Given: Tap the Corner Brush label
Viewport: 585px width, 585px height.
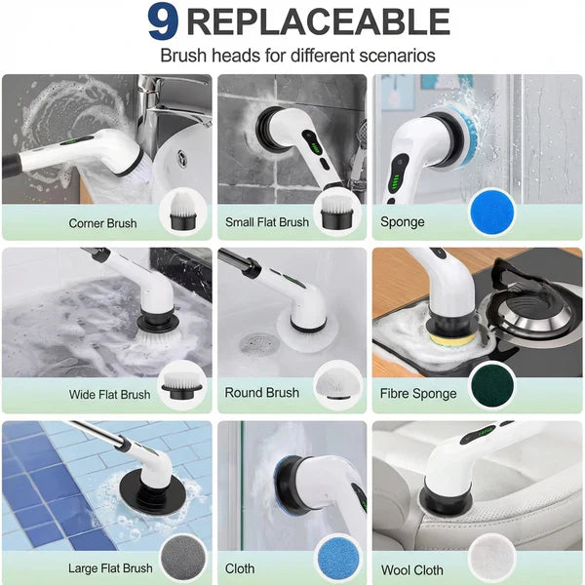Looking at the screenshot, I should [x=102, y=223].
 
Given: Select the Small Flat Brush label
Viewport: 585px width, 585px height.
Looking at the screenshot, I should [x=266, y=222].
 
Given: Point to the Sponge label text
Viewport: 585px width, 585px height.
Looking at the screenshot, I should [x=402, y=222].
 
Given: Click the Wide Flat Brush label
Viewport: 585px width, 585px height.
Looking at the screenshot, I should [x=109, y=395].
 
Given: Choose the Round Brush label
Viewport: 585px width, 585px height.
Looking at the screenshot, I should [x=261, y=393].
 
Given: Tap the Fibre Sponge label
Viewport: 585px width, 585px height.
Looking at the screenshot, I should [x=418, y=394].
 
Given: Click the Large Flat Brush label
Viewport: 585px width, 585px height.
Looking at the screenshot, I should [x=110, y=568].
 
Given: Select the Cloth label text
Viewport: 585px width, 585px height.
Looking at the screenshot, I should [x=239, y=568].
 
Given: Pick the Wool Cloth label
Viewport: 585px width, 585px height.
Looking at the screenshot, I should [x=413, y=569].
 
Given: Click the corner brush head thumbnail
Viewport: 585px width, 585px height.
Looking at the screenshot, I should [x=181, y=212].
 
